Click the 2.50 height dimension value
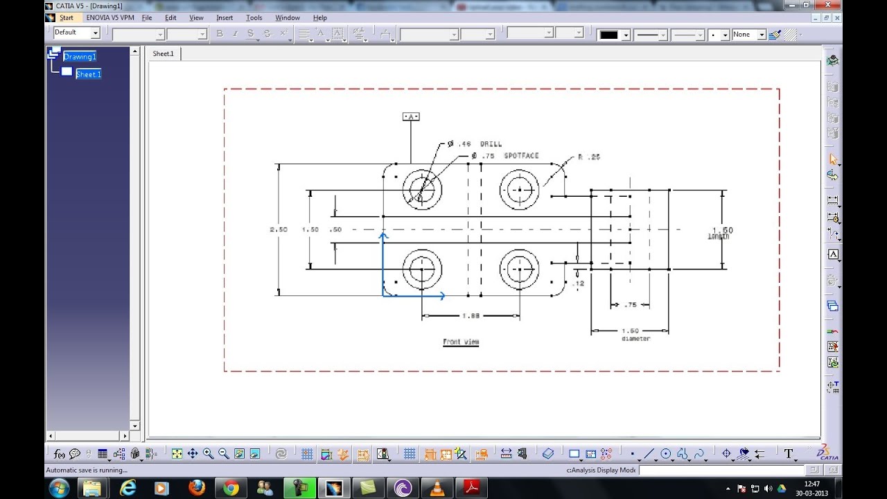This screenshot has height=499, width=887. [x=279, y=229]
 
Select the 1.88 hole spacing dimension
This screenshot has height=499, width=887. [x=471, y=316]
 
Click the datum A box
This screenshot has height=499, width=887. [x=411, y=116]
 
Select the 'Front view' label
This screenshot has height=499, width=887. [x=461, y=342]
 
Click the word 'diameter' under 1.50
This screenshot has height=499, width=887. [x=635, y=339]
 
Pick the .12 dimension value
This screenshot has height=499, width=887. [x=579, y=283]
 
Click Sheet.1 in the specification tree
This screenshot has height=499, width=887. [x=88, y=74]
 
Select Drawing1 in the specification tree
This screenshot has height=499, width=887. [x=80, y=57]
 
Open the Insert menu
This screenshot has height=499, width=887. [x=225, y=17]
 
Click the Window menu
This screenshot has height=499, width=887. [x=288, y=17]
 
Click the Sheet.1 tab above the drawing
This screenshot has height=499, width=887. [x=163, y=53]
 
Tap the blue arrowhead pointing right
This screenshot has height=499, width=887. [x=441, y=296]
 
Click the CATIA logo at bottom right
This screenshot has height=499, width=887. [x=827, y=453]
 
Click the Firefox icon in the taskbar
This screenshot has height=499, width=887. [x=196, y=488]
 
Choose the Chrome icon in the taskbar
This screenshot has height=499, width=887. [x=231, y=488]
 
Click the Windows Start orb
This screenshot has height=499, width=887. [x=59, y=488]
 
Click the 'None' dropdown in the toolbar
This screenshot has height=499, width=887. [x=748, y=34]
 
